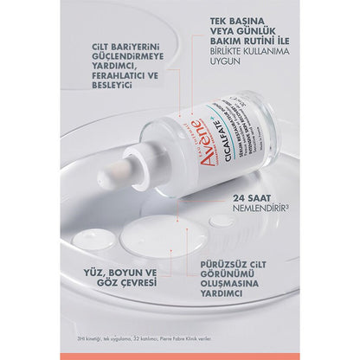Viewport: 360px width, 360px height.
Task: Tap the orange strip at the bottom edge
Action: point(180,356)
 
